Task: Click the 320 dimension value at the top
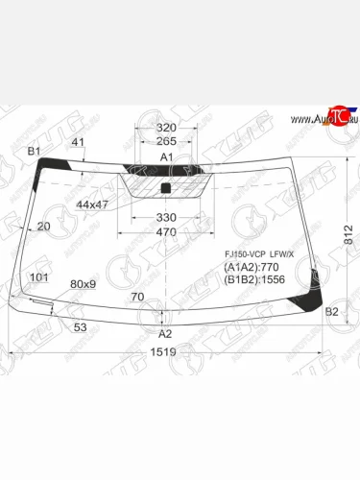166,127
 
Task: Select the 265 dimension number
166,142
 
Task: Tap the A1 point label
165,157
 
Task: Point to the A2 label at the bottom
164,334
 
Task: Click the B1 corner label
33,152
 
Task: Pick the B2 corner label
331,312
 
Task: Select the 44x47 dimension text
93,205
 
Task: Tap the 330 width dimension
166,218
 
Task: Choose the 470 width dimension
166,232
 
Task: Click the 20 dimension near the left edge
42,227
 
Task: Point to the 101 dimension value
39,277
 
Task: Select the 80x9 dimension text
84,284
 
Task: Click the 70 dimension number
136,297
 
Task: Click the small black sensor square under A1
165,186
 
